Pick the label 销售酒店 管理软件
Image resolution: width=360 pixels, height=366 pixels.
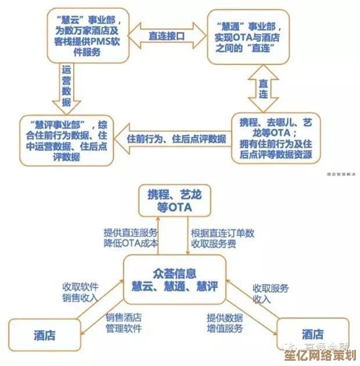coord(123,323)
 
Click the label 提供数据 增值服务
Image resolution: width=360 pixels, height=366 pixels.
coord(225,323)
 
